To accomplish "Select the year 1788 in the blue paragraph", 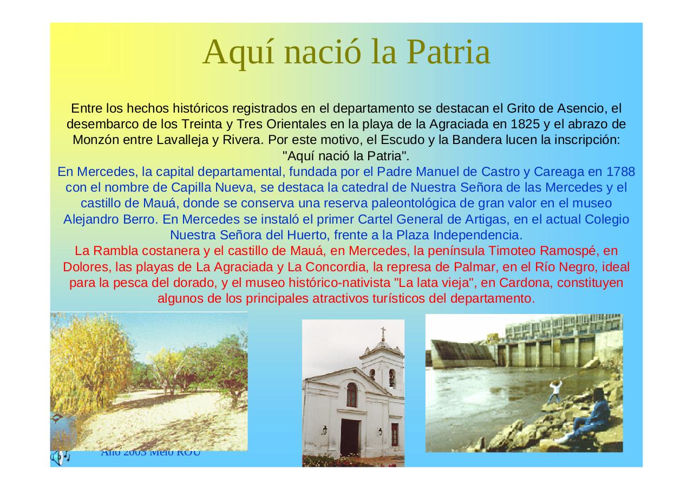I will (x=620, y=172).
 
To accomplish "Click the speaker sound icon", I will (x=60, y=458).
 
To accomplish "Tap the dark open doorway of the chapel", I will (x=350, y=437).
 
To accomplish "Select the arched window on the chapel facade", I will (x=351, y=395).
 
